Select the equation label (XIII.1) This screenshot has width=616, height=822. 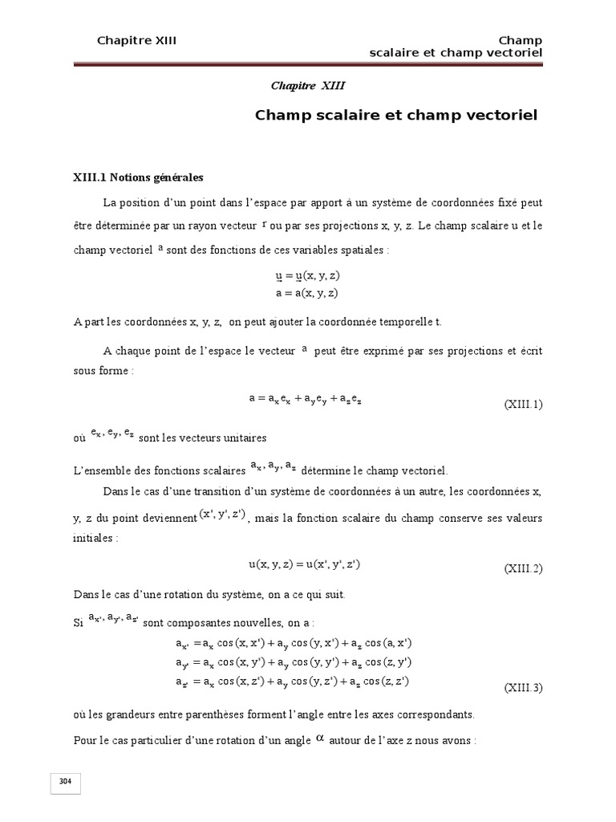click(523, 405)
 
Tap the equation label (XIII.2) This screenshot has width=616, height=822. click(523, 569)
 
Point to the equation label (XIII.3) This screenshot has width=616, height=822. click(523, 688)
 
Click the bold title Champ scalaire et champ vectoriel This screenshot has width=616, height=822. click(396, 115)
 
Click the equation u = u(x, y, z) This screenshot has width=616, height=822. click(306, 275)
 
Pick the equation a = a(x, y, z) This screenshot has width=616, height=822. click(306, 293)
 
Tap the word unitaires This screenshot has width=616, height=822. click(241, 438)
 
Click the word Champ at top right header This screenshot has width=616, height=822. click(521, 40)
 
